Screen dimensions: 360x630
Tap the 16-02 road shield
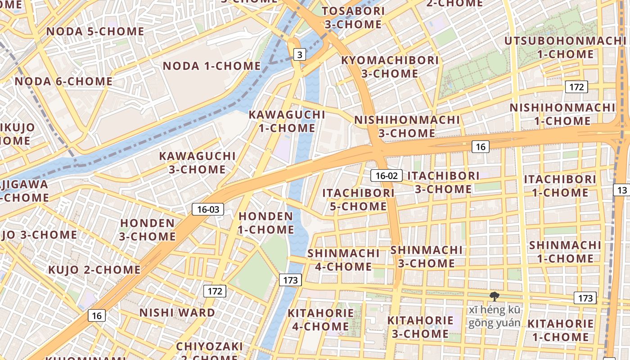(x=387, y=175)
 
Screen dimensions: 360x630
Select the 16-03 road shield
(x=208, y=209)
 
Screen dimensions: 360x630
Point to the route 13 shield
(x=622, y=190)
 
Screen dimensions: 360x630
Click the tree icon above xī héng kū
(x=494, y=296)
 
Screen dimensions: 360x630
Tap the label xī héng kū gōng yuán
(x=494, y=316)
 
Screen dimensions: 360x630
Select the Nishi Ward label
(x=177, y=312)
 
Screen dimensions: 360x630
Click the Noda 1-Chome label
(x=211, y=66)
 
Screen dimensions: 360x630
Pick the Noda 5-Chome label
(x=95, y=31)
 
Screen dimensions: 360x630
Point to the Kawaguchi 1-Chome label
(x=287, y=121)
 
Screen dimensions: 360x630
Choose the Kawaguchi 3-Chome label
(x=197, y=163)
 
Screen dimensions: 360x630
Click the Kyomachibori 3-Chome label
(x=390, y=67)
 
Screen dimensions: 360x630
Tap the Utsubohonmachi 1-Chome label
(x=565, y=47)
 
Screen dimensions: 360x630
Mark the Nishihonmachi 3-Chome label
(x=407, y=126)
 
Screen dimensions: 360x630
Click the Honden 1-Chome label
(x=266, y=223)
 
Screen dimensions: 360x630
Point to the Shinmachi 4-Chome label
(x=344, y=260)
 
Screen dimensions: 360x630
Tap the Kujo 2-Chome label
(x=94, y=270)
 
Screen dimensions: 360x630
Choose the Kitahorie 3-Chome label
(x=420, y=327)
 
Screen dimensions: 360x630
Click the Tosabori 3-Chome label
(x=353, y=17)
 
